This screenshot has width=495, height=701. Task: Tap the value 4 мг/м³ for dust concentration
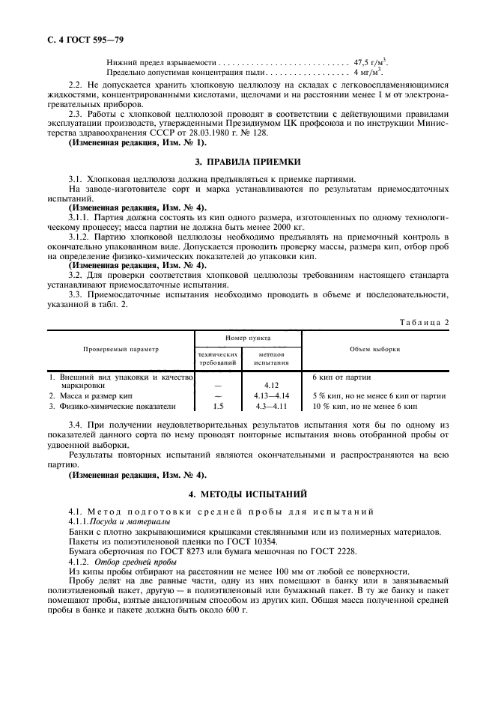[365, 73]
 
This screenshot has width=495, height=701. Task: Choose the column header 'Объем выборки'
[374, 349]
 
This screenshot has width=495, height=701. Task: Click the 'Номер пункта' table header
[248, 339]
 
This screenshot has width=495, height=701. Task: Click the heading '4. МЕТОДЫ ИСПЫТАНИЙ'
[247, 494]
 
